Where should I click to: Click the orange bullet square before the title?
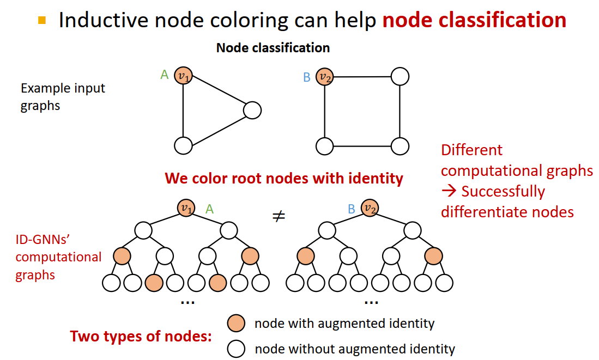coord(42,21)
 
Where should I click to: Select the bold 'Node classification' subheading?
coord(273,48)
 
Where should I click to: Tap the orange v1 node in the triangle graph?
coord(183,76)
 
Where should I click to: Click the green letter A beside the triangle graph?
coord(164,75)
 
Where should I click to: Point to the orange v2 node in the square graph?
coord(325,77)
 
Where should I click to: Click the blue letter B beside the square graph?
coord(306,77)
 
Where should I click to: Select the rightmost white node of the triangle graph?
coord(252,111)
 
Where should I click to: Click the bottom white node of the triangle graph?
coord(183,145)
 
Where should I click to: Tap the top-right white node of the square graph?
coord(400,76)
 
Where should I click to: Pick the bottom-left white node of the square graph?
coord(324,145)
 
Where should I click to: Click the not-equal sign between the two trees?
coord(279,216)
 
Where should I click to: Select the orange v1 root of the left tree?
coord(186,208)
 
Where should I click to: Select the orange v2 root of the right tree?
coord(370,208)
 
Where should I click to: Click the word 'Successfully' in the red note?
coord(503,192)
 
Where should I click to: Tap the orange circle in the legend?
coord(236,323)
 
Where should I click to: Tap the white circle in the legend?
coord(236,349)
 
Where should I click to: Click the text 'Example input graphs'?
coord(63,96)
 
